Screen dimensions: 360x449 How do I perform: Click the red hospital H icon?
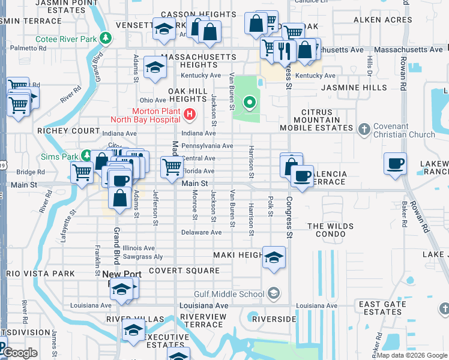[190, 113]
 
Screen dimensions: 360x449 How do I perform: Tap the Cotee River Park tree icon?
[106, 38]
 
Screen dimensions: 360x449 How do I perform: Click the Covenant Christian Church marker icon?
[364, 129]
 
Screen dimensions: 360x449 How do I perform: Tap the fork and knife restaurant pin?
[286, 50]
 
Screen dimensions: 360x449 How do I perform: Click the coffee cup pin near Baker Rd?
[395, 164]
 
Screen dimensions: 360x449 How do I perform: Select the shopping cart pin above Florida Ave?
[172, 167]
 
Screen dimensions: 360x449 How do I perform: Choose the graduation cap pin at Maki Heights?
[274, 257]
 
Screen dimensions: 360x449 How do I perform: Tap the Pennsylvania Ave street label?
[207, 146]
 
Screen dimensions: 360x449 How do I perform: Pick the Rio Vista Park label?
[40, 274]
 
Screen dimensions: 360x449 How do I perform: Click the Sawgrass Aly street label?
[142, 257]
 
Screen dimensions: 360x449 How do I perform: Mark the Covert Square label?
[184, 271]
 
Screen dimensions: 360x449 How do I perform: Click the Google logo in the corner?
[20, 353]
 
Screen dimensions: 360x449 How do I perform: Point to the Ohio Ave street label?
[152, 100]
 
